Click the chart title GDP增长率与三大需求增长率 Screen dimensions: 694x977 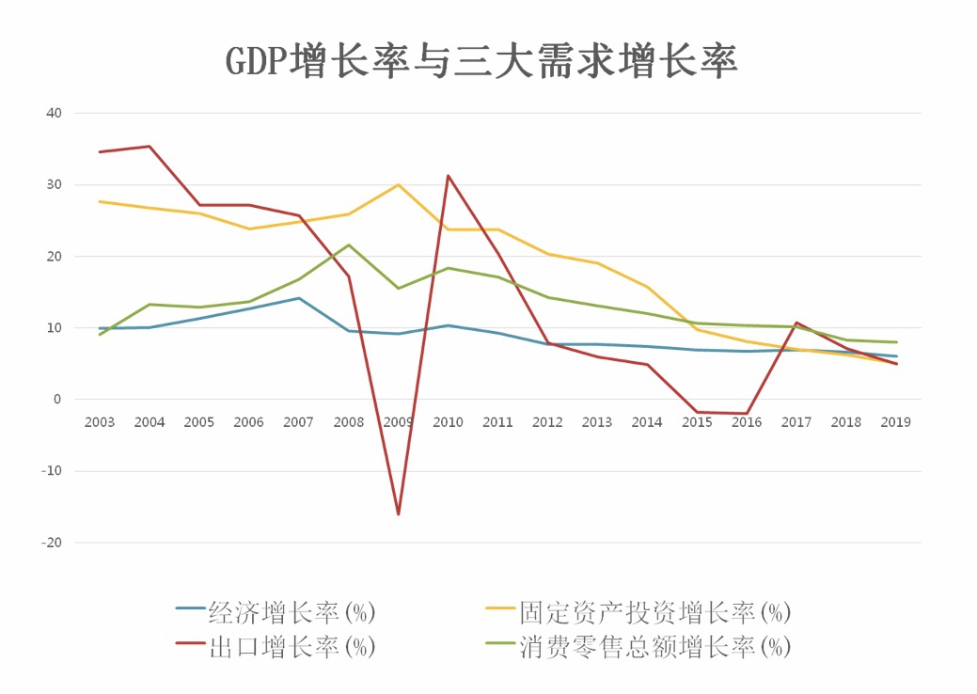481,60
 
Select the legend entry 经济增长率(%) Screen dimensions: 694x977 292,613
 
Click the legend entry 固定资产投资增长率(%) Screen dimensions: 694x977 654,613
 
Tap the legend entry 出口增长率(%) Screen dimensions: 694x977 292,647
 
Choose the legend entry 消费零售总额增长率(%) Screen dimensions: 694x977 654,647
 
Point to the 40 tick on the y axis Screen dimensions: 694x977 53,113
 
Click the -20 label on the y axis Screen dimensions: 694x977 51,543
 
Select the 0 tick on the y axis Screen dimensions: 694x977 56,400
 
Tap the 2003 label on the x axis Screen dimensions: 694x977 99,422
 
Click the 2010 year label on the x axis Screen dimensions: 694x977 448,422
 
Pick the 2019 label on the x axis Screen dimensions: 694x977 895,422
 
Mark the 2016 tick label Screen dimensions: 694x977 746,422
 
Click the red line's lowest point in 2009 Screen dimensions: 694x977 398,514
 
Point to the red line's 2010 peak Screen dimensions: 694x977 448,176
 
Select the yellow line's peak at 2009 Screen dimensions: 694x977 398,184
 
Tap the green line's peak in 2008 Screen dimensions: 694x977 348,245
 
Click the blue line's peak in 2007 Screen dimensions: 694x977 298,298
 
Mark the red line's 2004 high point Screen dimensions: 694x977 149,146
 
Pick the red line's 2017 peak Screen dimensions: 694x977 796,323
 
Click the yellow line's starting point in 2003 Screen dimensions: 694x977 99,201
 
